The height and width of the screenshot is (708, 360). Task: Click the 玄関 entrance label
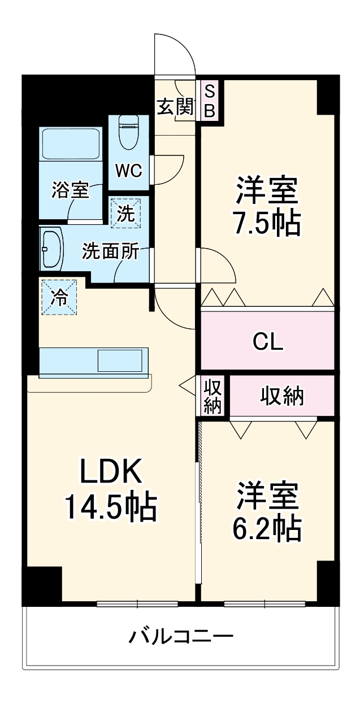click(x=175, y=106)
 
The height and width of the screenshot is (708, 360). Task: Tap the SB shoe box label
click(x=210, y=101)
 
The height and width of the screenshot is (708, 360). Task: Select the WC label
click(x=129, y=171)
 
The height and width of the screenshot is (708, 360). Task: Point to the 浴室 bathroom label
click(x=70, y=190)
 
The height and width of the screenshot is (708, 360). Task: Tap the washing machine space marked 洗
click(x=125, y=212)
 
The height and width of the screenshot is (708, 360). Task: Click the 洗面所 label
click(x=110, y=251)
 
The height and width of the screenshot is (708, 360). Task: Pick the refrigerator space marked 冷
click(x=59, y=297)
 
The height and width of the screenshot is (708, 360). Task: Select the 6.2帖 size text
click(x=267, y=528)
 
